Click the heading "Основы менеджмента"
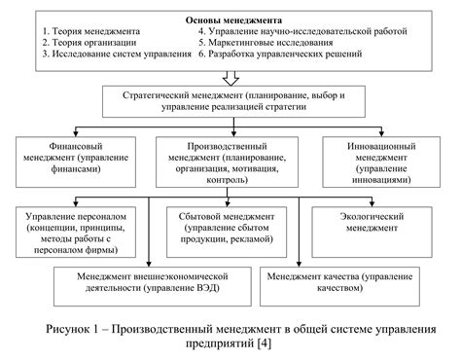(234, 18)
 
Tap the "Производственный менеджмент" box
(232, 159)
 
